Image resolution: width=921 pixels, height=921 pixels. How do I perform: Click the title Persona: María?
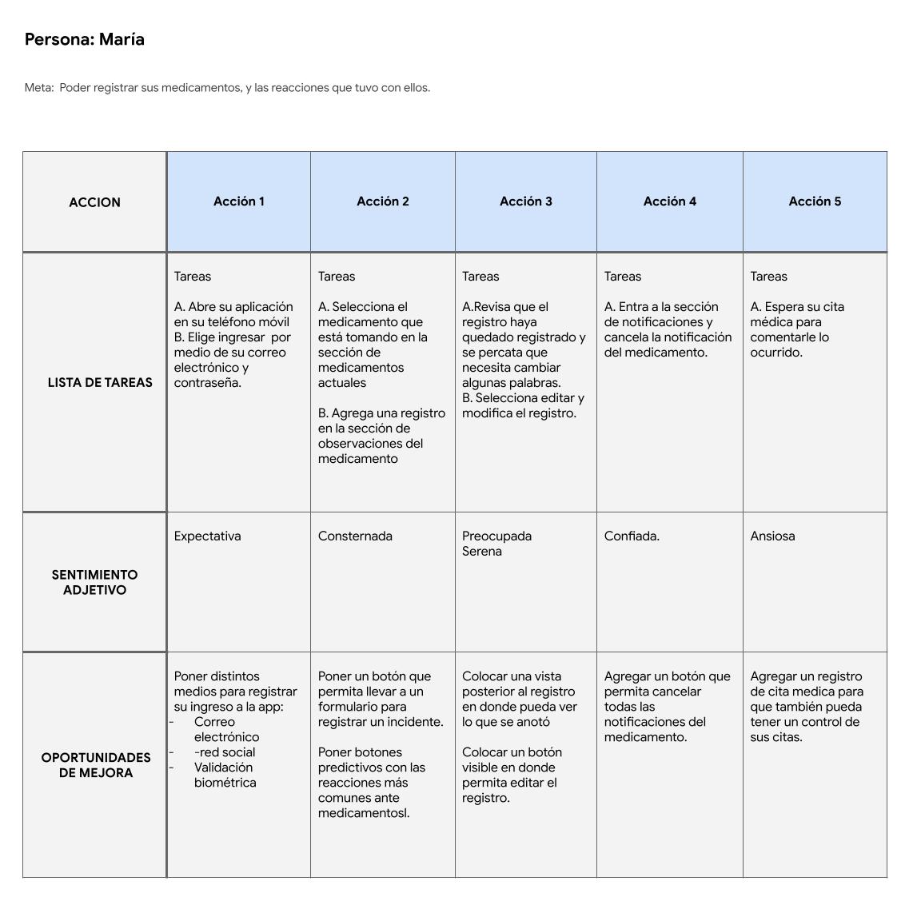pos(85,40)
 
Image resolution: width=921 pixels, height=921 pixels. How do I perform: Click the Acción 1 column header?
pos(239,201)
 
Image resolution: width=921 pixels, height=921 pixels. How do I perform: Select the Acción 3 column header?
pos(526,201)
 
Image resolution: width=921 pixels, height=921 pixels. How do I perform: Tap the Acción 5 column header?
pos(815,201)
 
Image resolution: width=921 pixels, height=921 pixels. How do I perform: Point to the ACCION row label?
pos(94,202)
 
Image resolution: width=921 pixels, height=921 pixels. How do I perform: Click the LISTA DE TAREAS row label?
pos(100,382)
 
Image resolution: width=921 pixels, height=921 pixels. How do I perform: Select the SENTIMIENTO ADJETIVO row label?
pos(94,582)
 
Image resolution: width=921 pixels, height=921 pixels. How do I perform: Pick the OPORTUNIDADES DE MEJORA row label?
pos(96,765)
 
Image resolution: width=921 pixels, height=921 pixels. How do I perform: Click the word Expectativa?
pos(207,536)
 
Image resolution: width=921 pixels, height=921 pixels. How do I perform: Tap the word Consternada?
pos(355,536)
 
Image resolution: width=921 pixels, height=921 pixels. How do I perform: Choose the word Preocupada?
pos(496,536)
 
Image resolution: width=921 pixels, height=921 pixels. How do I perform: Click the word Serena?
pos(482,552)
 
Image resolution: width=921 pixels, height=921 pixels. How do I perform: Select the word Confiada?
pos(632,536)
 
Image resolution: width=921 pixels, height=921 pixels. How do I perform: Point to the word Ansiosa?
pos(772,536)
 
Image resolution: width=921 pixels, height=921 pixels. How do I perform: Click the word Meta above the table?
pos(38,88)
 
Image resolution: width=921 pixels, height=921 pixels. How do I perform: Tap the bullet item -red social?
pos(225,752)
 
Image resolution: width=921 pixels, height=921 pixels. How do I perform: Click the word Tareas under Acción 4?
pos(623,277)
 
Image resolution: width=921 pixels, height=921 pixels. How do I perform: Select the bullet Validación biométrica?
pos(225,775)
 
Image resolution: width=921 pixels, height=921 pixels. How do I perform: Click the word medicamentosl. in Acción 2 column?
pos(364,813)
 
